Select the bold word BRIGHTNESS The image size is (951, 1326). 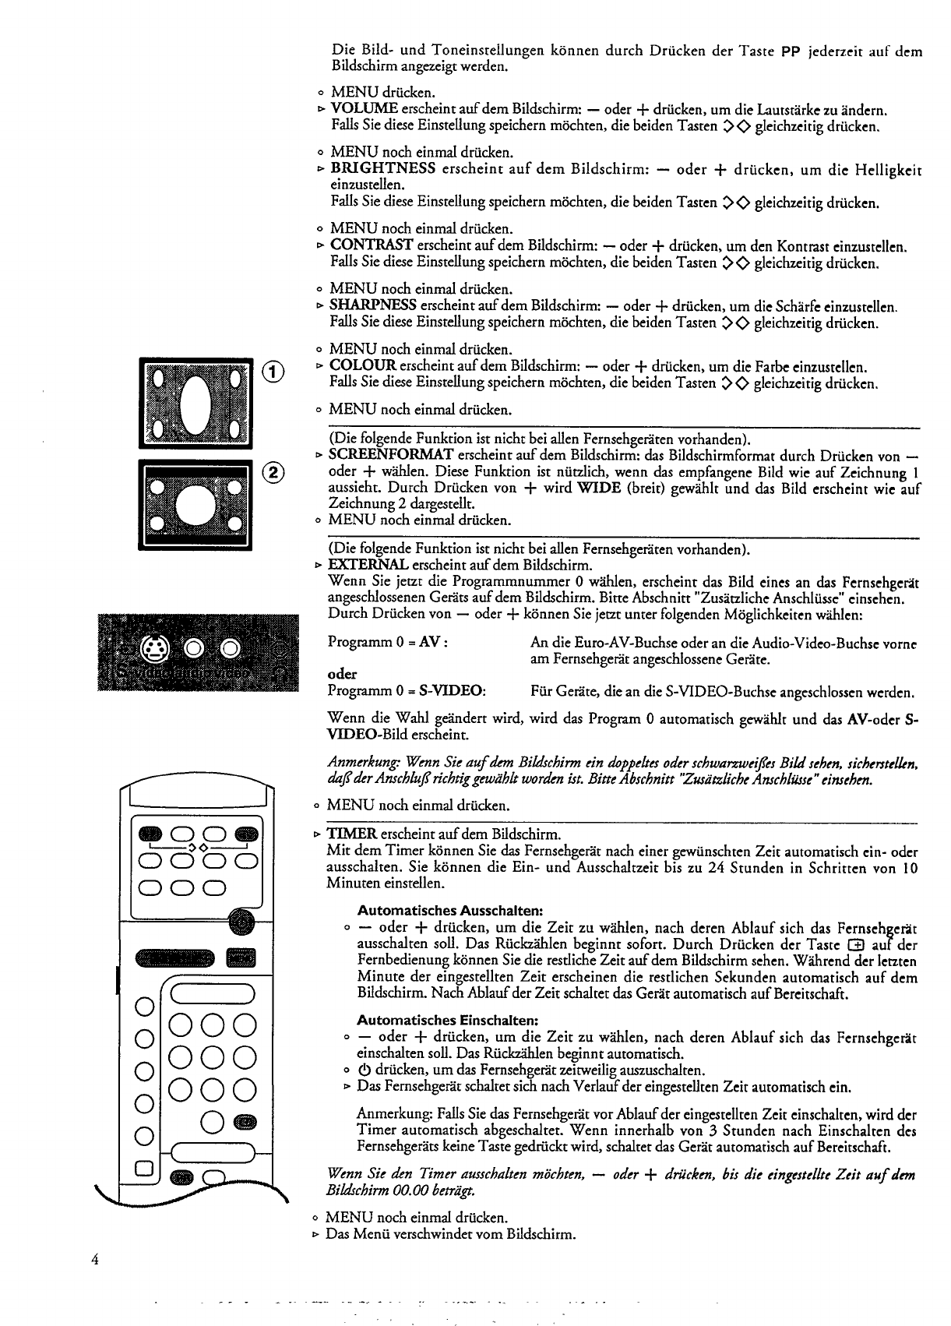pyautogui.click(x=382, y=169)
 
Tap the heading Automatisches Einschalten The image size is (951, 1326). pyautogui.click(x=448, y=1020)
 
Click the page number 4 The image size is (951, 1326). pyautogui.click(x=94, y=1260)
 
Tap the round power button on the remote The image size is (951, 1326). pyautogui.click(x=244, y=922)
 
